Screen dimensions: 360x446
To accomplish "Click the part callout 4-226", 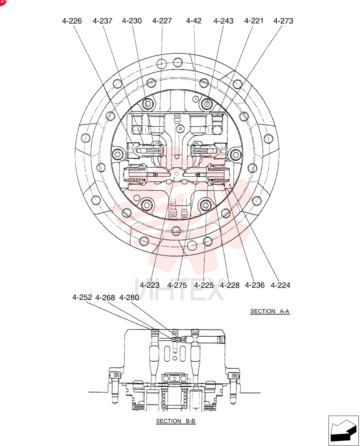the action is [72, 21].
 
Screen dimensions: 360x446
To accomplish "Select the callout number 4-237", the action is [102, 21].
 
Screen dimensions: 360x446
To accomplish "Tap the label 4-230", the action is [132, 21].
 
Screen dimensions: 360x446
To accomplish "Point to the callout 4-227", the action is [162, 21].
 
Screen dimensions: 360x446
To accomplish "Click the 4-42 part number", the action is [194, 21].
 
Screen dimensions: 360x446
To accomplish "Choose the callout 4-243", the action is [224, 21].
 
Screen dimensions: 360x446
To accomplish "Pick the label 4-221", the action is [254, 21].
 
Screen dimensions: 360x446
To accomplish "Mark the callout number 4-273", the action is [283, 21].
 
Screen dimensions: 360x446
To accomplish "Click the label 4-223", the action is [150, 285].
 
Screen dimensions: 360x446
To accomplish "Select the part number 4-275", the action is [177, 285].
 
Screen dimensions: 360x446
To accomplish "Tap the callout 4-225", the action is [204, 285].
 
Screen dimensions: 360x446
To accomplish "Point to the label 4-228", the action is [230, 285].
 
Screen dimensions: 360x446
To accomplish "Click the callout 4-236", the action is [255, 285].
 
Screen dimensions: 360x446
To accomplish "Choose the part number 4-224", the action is [280, 285].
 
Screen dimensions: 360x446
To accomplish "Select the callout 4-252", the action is [82, 297].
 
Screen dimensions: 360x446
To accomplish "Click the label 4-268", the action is [105, 297].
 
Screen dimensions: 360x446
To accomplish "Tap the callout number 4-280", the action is [129, 297].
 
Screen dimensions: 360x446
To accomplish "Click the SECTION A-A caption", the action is [270, 311].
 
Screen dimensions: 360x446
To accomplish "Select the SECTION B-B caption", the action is [176, 421].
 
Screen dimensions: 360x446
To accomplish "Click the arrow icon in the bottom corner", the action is [344, 431].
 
